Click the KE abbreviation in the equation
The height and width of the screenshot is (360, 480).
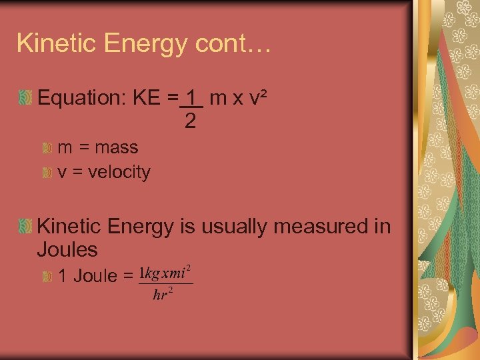(x=147, y=99)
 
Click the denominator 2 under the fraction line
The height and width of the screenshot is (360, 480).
(x=191, y=121)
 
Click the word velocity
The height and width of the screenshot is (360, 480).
(x=119, y=172)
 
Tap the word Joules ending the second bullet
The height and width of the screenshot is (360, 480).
(x=68, y=250)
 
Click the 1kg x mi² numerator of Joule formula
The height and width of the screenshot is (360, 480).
(x=165, y=273)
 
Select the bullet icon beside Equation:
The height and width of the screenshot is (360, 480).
(x=25, y=99)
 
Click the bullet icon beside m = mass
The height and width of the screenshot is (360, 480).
(x=47, y=147)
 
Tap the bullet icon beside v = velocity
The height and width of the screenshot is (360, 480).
(x=47, y=173)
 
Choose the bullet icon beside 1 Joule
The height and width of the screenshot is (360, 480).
(x=47, y=276)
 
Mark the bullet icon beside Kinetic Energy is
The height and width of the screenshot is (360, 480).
(x=25, y=227)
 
